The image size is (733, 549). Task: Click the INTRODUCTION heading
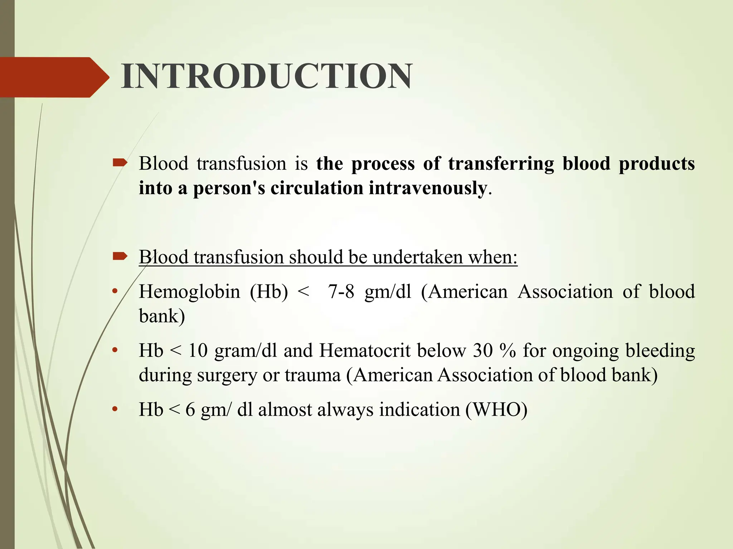click(267, 76)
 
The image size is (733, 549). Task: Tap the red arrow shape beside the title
click(54, 77)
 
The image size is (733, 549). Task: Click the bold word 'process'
click(383, 164)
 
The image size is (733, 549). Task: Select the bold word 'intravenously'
click(428, 188)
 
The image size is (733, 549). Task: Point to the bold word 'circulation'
click(317, 188)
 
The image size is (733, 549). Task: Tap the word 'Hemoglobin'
click(189, 292)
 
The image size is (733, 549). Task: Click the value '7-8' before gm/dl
click(341, 292)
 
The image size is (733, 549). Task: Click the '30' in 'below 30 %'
click(483, 351)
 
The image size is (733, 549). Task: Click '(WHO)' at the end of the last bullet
click(496, 410)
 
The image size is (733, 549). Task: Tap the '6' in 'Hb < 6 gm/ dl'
click(190, 410)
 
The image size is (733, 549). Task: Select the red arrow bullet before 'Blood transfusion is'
click(120, 163)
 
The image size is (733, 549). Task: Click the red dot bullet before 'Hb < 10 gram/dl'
click(115, 350)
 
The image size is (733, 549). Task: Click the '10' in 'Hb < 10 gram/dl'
click(198, 351)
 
